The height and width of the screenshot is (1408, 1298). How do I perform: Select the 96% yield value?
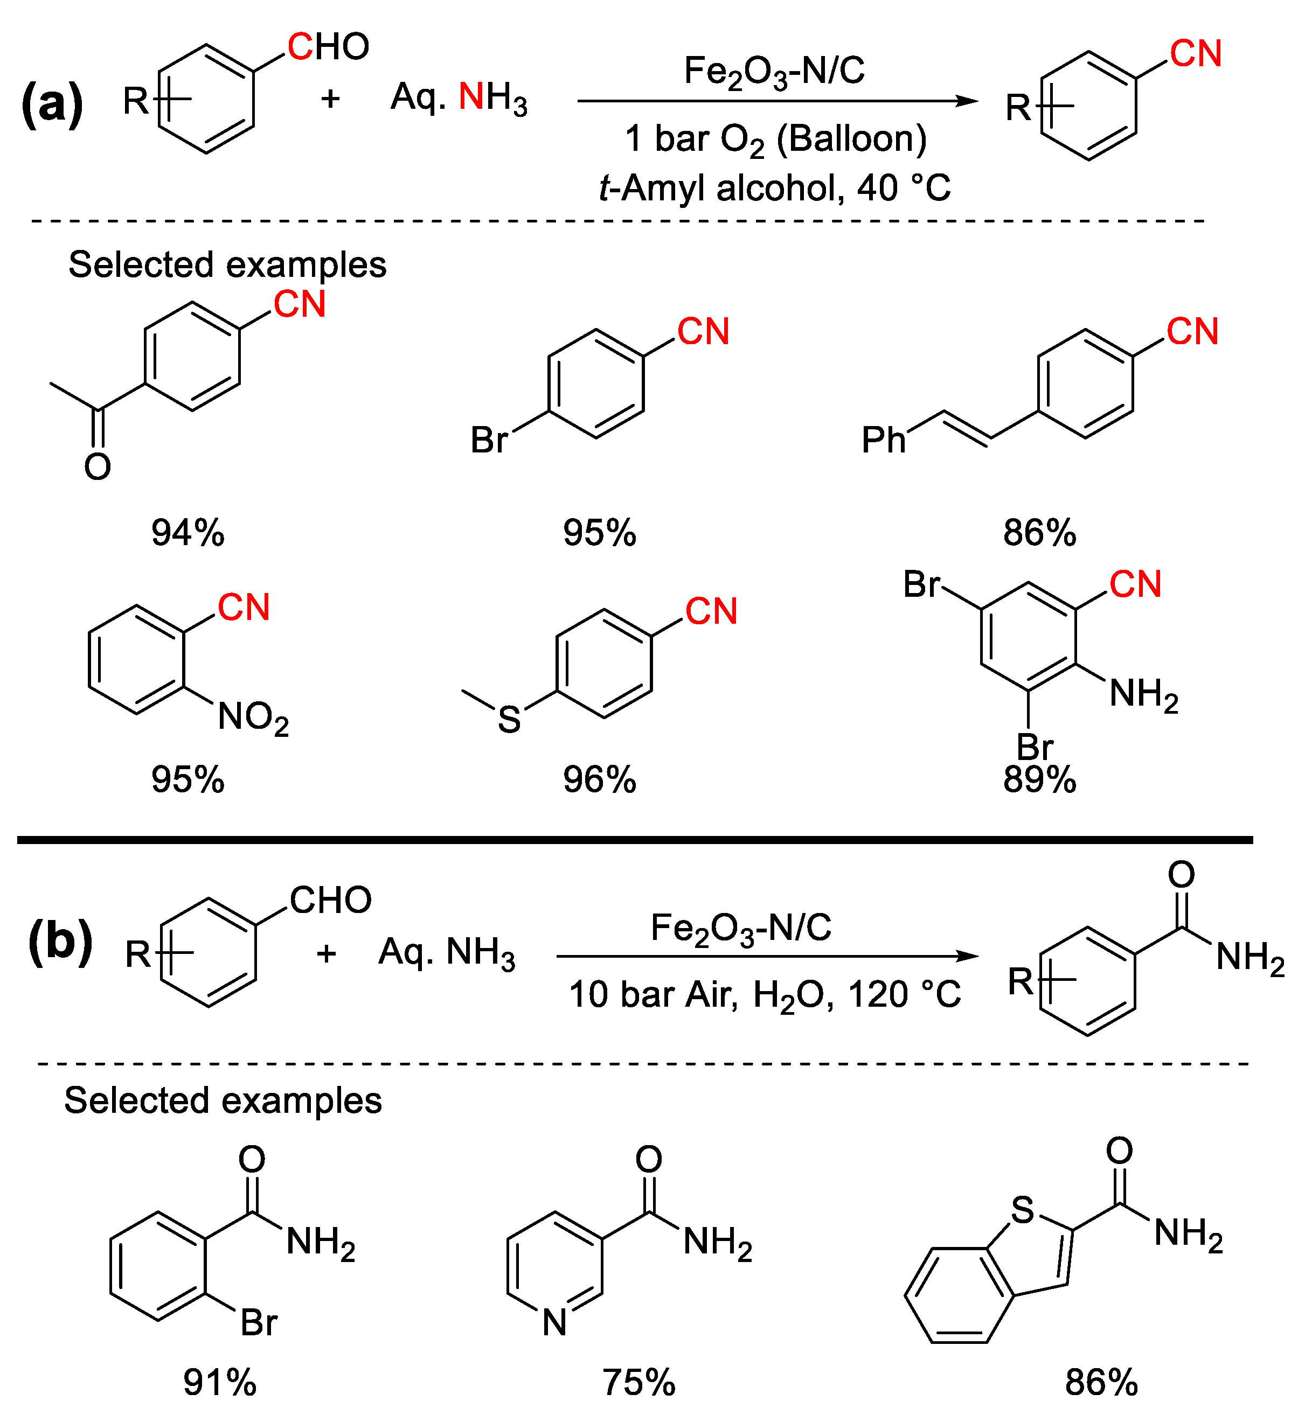[599, 779]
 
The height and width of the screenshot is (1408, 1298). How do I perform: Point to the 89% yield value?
[1039, 779]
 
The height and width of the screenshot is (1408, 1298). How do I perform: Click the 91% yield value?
[220, 1382]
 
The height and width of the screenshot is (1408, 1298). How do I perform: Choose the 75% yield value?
[638, 1382]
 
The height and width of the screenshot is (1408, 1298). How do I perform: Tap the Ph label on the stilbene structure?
[884, 440]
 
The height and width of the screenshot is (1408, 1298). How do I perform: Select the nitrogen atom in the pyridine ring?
[555, 1322]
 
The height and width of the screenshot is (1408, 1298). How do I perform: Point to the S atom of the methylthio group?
[509, 720]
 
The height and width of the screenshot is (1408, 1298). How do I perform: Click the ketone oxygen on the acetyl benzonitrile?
[98, 467]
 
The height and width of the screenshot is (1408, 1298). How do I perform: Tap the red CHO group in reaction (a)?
[328, 47]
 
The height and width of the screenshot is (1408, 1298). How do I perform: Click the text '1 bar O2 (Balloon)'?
[775, 138]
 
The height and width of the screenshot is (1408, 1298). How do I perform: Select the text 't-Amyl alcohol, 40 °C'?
[775, 187]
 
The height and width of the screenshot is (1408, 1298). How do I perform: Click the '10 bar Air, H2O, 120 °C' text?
[764, 994]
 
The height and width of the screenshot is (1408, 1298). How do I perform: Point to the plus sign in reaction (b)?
[326, 953]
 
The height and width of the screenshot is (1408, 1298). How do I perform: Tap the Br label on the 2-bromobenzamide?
[259, 1322]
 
